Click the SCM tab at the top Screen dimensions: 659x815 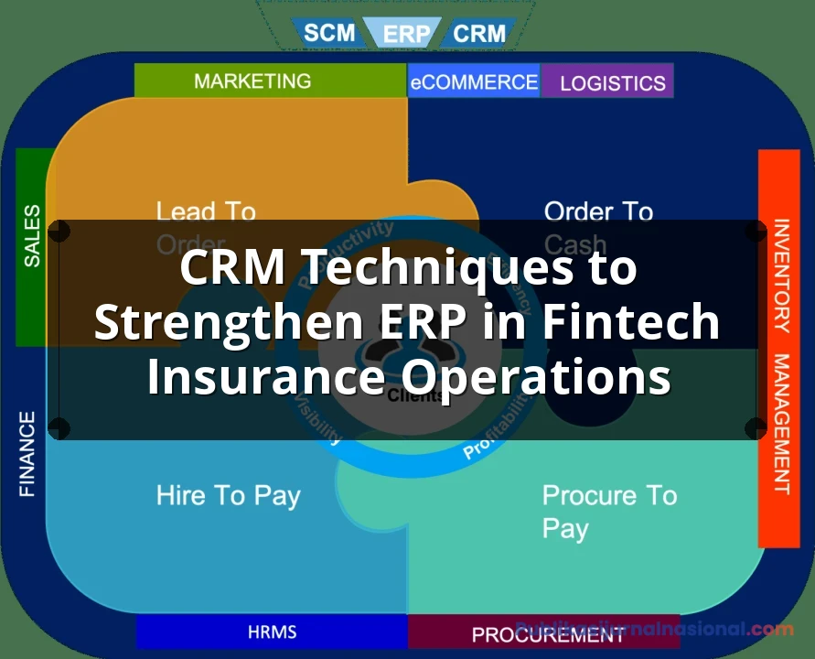[329, 33]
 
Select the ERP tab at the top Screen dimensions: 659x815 [406, 34]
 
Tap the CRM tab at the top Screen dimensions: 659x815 [479, 34]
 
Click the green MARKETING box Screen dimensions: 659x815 [252, 81]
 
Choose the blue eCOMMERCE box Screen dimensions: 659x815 [474, 81]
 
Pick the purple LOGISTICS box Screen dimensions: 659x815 [612, 82]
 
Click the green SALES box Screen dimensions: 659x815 [33, 236]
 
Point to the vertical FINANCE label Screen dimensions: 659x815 [27, 454]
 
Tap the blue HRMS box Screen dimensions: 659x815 [272, 632]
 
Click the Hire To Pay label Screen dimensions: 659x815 [228, 496]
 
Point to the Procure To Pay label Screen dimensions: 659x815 [609, 512]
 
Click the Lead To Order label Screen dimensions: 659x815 [205, 228]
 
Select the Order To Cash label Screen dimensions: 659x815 [598, 228]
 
